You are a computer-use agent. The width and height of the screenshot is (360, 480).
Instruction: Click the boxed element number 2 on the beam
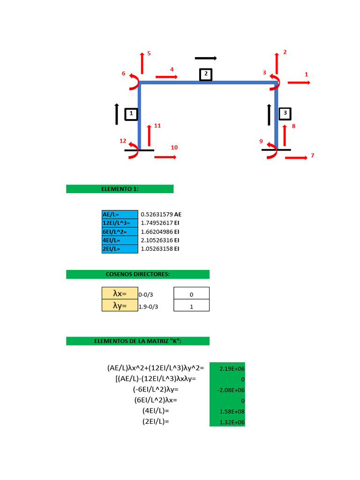[205, 75]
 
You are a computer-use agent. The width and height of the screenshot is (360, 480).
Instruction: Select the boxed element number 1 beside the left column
[131, 113]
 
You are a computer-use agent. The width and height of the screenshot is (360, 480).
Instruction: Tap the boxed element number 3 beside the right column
[285, 113]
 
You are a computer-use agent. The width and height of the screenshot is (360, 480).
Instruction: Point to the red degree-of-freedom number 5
[149, 53]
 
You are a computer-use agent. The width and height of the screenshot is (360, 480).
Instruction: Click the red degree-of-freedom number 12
[123, 141]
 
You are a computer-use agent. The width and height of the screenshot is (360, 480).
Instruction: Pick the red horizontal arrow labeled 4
[166, 76]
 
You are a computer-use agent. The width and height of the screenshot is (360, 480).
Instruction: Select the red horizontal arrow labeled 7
[296, 158]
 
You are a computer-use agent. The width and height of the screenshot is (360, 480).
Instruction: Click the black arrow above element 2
[206, 58]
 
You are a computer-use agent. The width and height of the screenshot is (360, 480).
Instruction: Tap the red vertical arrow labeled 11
[149, 135]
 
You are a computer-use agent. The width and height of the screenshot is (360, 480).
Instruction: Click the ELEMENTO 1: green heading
[120, 189]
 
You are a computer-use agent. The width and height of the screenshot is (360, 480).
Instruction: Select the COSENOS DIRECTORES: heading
[137, 274]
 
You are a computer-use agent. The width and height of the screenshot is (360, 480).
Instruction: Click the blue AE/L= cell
[120, 214]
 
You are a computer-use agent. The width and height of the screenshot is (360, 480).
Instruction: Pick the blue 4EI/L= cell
[120, 240]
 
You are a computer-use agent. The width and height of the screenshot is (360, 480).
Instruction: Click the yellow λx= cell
[120, 293]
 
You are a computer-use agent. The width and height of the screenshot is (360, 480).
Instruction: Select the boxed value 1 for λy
[191, 306]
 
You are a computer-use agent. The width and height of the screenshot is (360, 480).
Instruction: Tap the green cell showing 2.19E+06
[227, 368]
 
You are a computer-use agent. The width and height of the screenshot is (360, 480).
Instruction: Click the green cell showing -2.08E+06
[227, 390]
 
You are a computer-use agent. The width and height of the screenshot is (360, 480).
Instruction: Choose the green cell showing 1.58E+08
[227, 412]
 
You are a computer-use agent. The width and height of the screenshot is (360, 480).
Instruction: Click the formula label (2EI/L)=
[156, 421]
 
